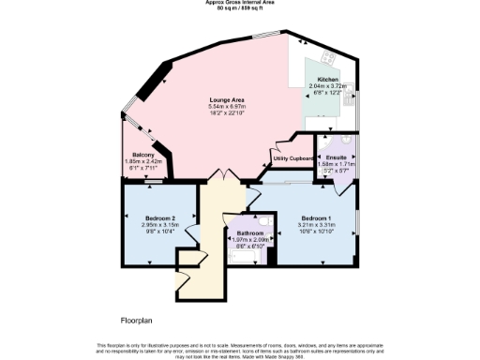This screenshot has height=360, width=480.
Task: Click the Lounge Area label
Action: [x=227, y=99]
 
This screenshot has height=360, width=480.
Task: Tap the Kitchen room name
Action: [x=327, y=79]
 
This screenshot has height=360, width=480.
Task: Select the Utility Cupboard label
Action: [x=292, y=160]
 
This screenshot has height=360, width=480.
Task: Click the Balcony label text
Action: [x=143, y=155]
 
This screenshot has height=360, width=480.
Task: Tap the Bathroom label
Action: [x=249, y=232]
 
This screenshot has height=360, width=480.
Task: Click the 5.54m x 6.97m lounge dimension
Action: [x=227, y=107]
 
